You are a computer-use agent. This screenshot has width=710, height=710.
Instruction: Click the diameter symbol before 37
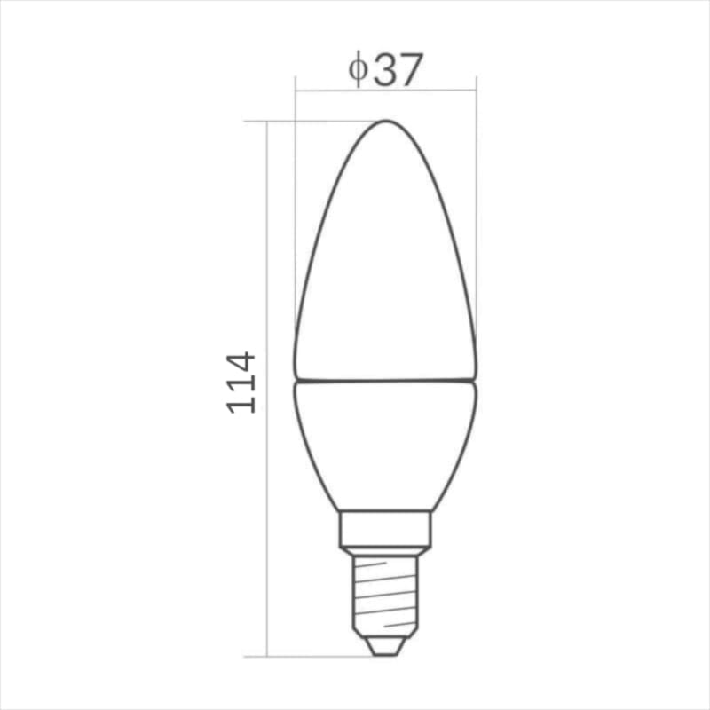point(358,69)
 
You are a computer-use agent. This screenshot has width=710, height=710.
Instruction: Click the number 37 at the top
point(398,70)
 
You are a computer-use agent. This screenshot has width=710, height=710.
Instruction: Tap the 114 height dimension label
point(241,383)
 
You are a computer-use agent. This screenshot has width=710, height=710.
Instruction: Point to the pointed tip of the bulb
point(385,121)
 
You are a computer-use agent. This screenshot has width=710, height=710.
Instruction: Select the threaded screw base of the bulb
point(385,596)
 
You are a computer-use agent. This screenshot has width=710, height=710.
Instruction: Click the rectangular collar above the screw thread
point(385,529)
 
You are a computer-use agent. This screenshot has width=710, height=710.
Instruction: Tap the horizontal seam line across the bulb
point(385,380)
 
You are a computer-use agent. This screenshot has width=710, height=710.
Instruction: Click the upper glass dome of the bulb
point(385,250)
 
